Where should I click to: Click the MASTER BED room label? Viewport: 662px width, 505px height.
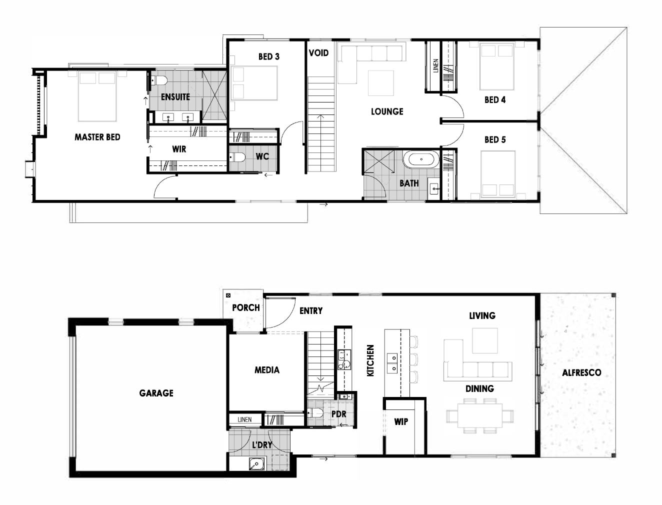(x=97, y=137)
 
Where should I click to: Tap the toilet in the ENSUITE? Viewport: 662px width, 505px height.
(x=159, y=80)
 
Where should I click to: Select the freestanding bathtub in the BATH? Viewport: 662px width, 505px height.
(x=421, y=159)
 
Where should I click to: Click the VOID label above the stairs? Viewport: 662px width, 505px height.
(x=318, y=53)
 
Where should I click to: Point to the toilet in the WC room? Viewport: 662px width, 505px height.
(x=237, y=157)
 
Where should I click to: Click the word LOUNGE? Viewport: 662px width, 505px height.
(x=387, y=111)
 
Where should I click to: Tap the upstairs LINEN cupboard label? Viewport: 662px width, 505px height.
(x=435, y=65)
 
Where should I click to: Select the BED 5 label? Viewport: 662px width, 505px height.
(x=495, y=139)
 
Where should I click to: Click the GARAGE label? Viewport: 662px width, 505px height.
(x=156, y=393)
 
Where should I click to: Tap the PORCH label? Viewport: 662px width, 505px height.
(x=246, y=307)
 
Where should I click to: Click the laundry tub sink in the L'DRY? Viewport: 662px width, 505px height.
(x=256, y=463)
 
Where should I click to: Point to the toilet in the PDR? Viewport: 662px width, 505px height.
(x=315, y=412)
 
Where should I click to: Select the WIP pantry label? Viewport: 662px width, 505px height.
(x=401, y=422)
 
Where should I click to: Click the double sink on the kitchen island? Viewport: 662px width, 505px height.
(x=392, y=363)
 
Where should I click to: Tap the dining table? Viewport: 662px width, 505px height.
(x=480, y=415)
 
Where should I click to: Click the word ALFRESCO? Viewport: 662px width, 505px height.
(x=581, y=372)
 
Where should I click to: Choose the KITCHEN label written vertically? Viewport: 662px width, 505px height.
(x=370, y=360)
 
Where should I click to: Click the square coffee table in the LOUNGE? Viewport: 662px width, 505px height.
(x=380, y=83)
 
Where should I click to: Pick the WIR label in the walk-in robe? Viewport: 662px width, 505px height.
(x=179, y=149)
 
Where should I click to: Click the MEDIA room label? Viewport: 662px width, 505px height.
(x=267, y=370)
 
